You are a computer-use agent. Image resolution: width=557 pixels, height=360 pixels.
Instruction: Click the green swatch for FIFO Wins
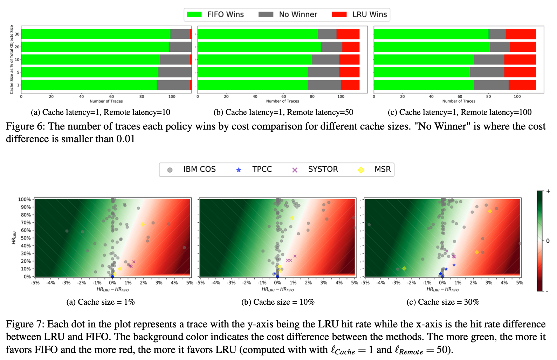click(x=194, y=14)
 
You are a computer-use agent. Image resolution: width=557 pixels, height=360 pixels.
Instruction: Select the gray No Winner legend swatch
click(x=266, y=14)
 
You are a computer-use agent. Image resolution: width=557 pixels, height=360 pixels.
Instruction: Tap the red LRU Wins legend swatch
click(x=339, y=14)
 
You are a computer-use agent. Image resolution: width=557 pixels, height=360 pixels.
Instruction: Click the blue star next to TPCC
click(x=239, y=170)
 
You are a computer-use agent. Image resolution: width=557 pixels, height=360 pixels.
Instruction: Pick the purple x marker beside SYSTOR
click(x=295, y=170)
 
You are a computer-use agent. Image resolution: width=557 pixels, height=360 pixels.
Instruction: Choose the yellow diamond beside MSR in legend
click(x=361, y=170)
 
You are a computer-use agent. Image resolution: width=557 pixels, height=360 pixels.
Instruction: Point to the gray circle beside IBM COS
click(x=170, y=170)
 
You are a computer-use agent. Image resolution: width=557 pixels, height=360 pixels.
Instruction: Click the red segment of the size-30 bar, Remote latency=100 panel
click(x=521, y=34)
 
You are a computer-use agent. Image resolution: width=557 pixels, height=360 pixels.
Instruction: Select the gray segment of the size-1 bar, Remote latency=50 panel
click(x=324, y=85)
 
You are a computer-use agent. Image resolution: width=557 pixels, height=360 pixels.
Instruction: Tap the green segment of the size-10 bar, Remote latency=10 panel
click(x=90, y=60)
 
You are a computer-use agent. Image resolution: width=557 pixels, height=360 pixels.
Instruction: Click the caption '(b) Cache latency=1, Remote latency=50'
click(x=283, y=112)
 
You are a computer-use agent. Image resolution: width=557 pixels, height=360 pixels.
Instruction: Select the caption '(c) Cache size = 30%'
click(x=442, y=302)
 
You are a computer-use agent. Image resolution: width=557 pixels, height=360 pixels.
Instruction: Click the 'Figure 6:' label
click(x=25, y=126)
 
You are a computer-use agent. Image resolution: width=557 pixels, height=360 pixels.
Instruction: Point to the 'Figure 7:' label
click(x=25, y=324)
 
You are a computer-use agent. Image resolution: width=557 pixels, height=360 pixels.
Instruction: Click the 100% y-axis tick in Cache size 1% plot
click(x=25, y=199)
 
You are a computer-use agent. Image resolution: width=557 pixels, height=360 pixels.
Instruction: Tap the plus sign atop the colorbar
click(x=548, y=191)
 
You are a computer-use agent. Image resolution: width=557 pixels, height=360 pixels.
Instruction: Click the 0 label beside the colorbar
click(x=548, y=241)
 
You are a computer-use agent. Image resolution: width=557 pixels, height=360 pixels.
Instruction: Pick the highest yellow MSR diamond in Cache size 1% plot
click(x=143, y=224)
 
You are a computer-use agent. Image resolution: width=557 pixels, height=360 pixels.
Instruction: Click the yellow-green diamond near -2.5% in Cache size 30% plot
click(x=404, y=269)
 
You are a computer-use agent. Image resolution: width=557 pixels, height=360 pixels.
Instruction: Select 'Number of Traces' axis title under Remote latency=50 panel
click(x=283, y=101)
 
